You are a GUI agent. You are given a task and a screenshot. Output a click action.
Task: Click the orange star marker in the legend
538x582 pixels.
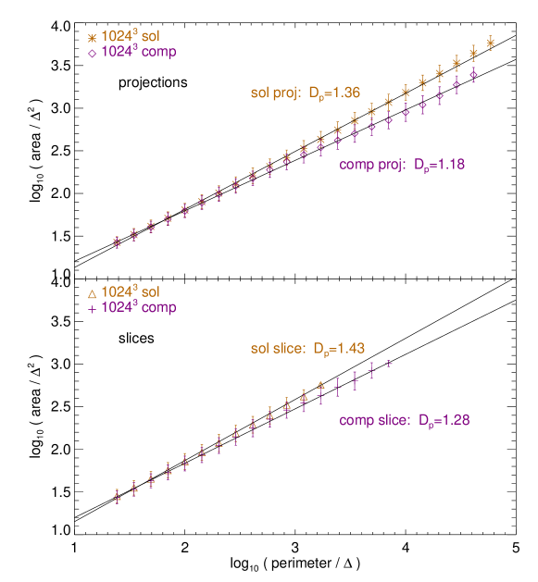pos(92,38)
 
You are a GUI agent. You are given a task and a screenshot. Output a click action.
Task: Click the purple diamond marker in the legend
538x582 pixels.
pos(92,53)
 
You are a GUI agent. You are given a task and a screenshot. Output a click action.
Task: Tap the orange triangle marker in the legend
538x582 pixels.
pos(92,293)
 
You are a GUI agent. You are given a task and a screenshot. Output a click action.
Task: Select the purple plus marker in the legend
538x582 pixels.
pos(92,308)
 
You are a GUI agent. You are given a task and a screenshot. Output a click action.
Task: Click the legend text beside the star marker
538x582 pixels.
pos(131,38)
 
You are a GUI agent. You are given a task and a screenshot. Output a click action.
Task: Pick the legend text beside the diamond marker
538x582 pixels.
pos(139,53)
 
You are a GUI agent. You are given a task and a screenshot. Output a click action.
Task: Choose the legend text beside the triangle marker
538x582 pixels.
pos(131,292)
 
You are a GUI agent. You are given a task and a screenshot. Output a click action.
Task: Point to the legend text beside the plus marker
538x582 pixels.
pos(139,307)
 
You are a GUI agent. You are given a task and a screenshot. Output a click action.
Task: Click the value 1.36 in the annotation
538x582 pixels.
pos(343,93)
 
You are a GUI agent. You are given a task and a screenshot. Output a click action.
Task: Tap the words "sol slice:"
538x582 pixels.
pos(278,349)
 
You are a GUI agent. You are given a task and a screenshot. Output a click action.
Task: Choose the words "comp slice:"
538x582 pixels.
pos(374,420)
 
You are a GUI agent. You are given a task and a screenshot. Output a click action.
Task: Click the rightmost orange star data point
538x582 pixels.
pos(490,42)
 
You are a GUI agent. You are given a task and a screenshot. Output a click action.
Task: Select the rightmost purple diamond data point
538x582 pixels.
pos(473,74)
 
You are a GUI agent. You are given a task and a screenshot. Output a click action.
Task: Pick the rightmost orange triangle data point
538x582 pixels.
pos(320,384)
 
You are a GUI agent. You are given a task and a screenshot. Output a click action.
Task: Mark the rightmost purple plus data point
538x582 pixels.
pos(389,364)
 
